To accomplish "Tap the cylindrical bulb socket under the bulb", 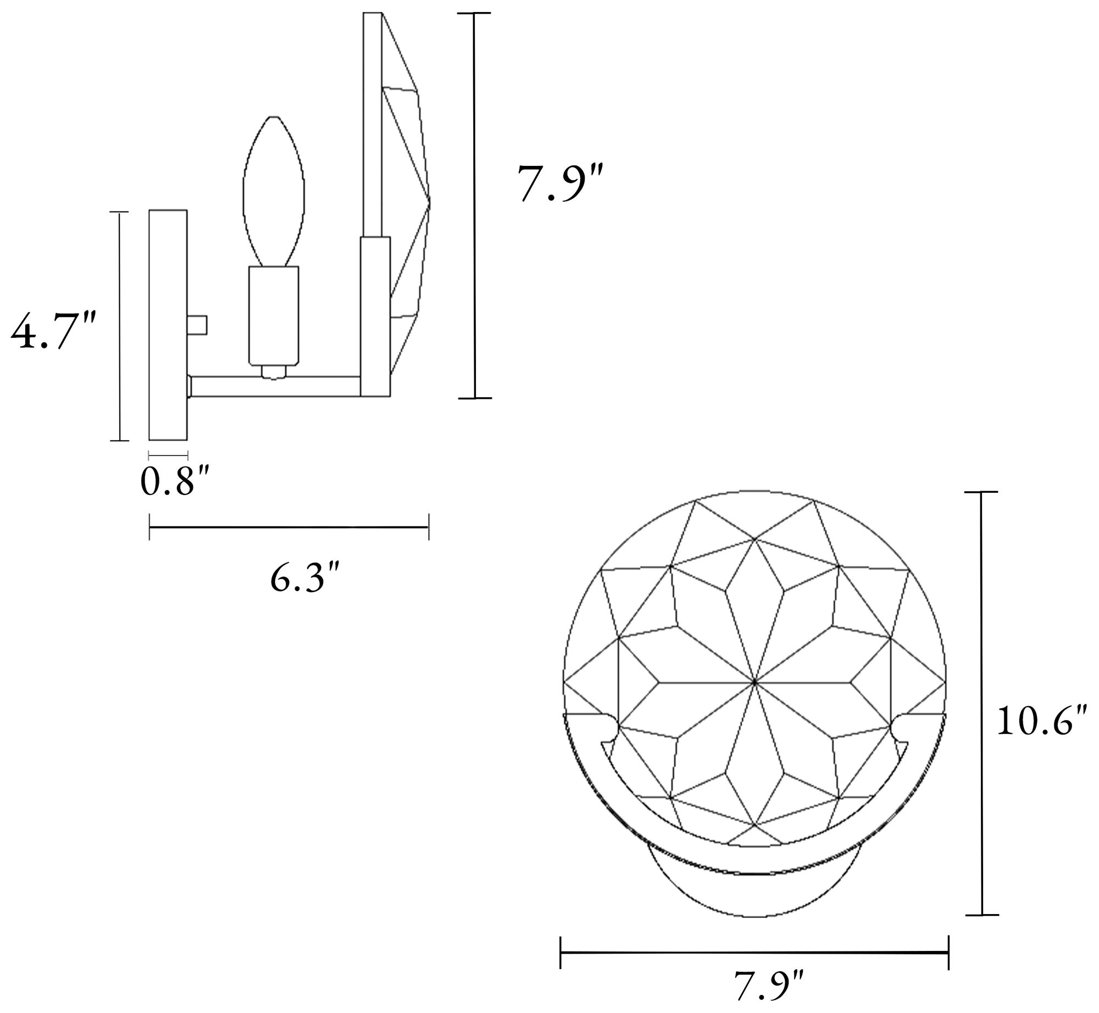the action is [274, 316].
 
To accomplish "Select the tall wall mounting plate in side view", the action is [168, 325].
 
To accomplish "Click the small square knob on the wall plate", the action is [197, 325].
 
